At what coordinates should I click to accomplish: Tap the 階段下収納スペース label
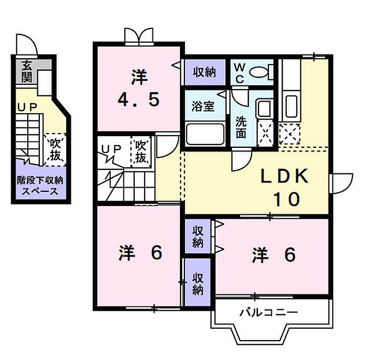click(40, 186)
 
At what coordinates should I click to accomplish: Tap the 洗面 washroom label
click(241, 126)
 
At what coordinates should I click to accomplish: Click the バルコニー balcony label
click(269, 313)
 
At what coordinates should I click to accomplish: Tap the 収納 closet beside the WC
click(204, 73)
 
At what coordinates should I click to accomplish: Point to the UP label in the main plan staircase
click(111, 149)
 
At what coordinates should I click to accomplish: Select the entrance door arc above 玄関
click(27, 44)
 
